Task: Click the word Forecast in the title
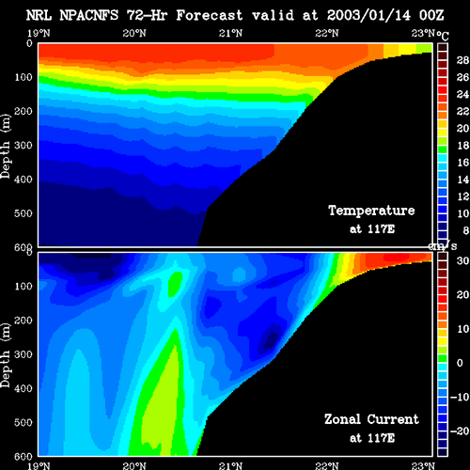210,15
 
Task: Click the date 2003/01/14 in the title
368,15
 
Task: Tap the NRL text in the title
39,15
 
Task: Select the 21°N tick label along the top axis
230,33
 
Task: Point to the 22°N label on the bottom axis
327,465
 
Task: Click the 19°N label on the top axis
39,33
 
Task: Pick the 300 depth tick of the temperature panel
23,146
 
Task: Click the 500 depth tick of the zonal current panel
23,422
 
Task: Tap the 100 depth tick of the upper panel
23,77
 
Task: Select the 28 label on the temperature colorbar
462,60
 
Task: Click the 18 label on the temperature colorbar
462,146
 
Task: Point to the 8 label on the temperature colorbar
465,230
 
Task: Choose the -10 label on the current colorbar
460,397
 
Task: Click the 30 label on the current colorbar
462,260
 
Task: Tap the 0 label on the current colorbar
460,363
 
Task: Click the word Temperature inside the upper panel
371,211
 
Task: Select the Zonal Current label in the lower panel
371,419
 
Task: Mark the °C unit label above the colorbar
443,36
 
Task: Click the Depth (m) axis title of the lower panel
6,355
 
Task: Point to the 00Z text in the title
431,15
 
